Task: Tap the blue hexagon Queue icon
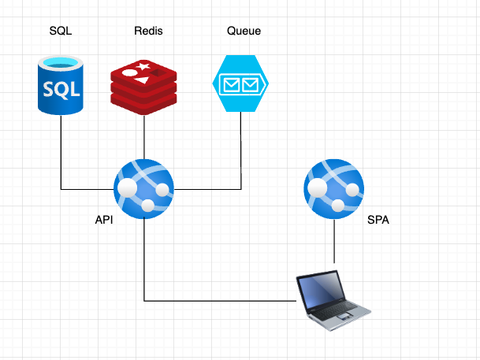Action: [240, 83]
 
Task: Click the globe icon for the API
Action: [143, 189]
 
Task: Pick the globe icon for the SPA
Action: [334, 189]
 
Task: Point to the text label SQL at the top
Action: [60, 31]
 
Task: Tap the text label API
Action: [104, 220]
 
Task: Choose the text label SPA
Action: [378, 220]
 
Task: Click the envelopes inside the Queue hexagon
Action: [240, 83]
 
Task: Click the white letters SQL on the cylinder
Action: [61, 88]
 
